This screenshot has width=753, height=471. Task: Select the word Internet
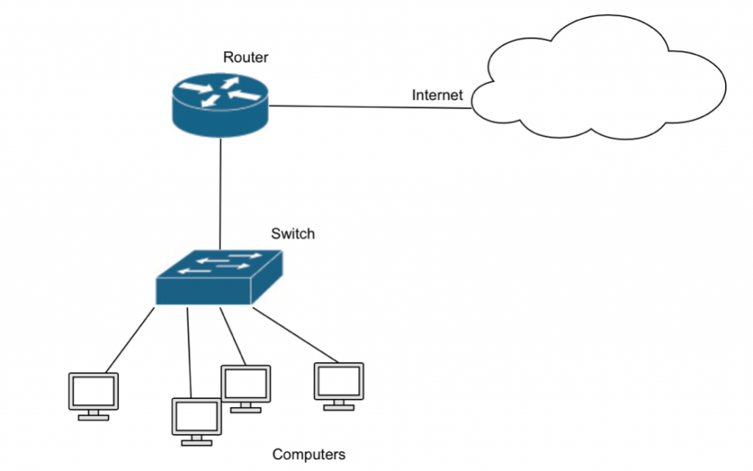[437, 95]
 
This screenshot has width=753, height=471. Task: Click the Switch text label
[293, 234]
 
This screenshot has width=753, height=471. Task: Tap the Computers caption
[309, 454]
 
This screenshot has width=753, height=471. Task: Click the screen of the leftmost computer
[93, 391]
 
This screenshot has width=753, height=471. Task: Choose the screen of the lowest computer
[196, 417]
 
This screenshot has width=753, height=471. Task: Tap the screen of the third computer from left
[246, 383]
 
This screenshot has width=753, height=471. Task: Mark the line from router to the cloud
[368, 107]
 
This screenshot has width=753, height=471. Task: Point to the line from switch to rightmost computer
[294, 335]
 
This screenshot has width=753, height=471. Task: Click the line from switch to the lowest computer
[189, 353]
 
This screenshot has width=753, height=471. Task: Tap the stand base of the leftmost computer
[93, 417]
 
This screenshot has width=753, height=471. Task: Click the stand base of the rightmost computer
[339, 406]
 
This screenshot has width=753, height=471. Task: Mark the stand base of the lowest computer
[196, 442]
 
